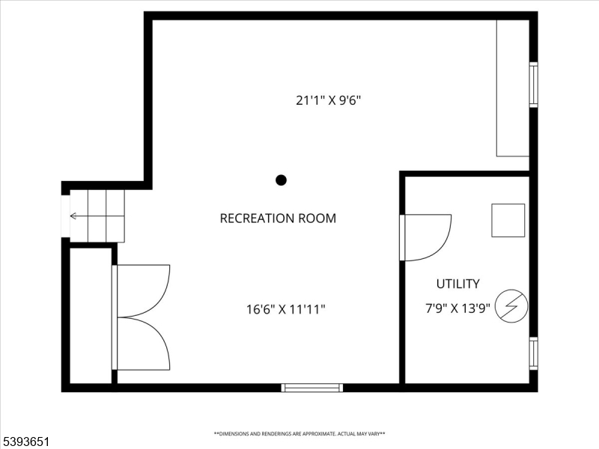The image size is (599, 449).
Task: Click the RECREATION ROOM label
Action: tap(278, 219)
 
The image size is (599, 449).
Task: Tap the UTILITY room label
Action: tap(457, 284)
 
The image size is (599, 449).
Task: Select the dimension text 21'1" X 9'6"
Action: tap(329, 100)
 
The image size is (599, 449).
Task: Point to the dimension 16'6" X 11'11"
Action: tap(285, 308)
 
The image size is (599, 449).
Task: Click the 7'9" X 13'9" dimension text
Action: tap(457, 308)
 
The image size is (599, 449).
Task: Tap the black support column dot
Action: tap(282, 180)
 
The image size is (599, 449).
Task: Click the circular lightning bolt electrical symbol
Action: tap(511, 305)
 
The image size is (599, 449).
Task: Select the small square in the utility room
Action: tap(508, 220)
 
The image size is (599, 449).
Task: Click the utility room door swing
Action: tap(428, 236)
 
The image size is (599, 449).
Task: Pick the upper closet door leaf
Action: tap(144, 290)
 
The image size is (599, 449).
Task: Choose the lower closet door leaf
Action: tap(144, 343)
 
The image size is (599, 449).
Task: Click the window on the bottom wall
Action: tap(312, 388)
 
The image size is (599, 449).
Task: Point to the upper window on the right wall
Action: tap(534, 85)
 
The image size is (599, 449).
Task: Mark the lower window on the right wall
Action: tap(534, 353)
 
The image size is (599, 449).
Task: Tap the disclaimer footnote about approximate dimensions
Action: tap(299, 433)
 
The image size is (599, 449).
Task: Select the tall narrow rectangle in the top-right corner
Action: tap(513, 88)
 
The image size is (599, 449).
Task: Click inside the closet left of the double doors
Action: tap(91, 314)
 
